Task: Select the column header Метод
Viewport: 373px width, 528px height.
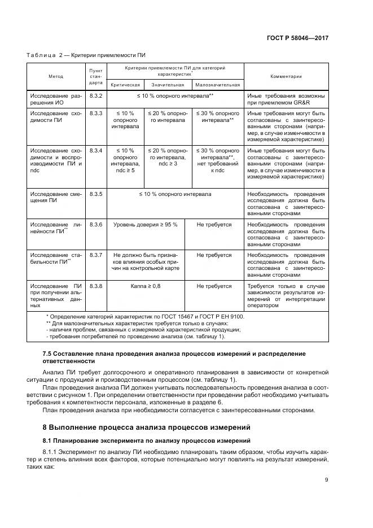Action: pos(55,76)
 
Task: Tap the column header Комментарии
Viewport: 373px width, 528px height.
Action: pos(286,76)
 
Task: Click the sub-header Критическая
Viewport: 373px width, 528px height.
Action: pos(125,85)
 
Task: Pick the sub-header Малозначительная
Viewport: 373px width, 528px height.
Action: pos(218,85)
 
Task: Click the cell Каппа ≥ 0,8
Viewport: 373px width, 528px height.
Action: pos(146,286)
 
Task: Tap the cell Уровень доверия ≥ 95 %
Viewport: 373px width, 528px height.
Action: pos(146,225)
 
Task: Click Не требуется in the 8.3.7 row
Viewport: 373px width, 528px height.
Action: pos(214,255)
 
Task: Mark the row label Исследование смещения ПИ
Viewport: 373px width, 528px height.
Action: pos(55,198)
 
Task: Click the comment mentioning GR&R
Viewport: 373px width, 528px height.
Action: pos(286,99)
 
